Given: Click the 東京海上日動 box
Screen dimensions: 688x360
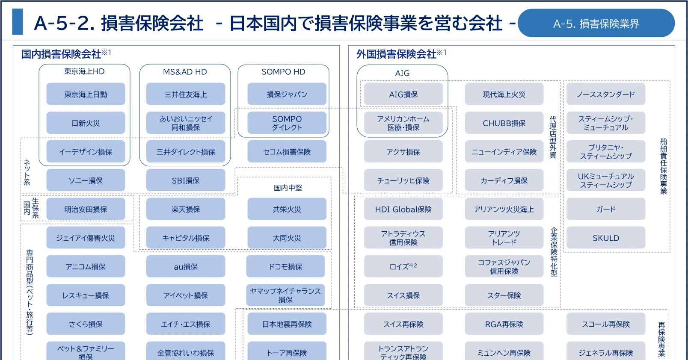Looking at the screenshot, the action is (86, 94).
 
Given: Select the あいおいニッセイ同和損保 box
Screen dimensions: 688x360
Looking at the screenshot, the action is (186, 123).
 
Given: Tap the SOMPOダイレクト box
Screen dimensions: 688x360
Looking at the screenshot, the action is (287, 123).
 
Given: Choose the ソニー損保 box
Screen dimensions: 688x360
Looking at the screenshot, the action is (86, 180).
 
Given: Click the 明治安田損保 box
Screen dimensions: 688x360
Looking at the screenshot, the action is (86, 209).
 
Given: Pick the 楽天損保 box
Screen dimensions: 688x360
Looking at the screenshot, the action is (186, 209).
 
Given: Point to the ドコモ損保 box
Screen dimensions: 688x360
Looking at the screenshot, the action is (286, 266).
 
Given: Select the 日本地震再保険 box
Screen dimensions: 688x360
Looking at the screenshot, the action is (287, 324).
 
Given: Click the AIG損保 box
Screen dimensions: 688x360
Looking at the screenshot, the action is (403, 94).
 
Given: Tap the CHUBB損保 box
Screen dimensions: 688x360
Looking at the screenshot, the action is (504, 123).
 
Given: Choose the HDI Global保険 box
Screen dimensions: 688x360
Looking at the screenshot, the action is (403, 209).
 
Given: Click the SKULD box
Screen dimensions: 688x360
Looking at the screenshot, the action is (606, 238).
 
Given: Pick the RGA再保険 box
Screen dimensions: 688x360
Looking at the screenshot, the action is (504, 324).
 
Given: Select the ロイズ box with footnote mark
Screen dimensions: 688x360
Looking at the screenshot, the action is (403, 266).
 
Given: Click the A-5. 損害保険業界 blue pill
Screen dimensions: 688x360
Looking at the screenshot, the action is (596, 23).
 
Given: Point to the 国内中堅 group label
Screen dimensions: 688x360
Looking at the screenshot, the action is (288, 188).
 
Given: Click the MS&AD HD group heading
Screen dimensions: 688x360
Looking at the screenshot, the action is (185, 72).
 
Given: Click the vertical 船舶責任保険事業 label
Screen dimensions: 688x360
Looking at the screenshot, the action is (664, 166).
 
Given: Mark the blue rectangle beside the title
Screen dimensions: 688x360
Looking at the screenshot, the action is (18, 21).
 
